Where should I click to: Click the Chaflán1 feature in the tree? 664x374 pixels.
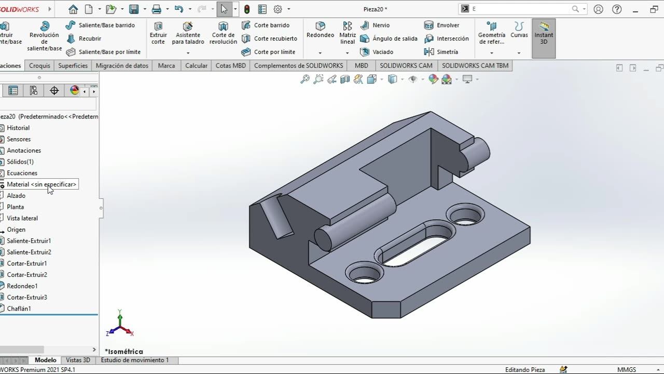point(19,309)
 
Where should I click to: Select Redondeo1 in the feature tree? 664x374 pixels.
point(22,286)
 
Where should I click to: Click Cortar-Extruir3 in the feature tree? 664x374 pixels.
point(26,297)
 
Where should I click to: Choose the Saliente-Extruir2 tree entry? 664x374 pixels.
point(29,252)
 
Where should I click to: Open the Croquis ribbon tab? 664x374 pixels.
point(39,65)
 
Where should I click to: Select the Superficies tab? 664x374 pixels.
point(73,65)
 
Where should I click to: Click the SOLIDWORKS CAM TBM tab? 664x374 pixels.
point(475,65)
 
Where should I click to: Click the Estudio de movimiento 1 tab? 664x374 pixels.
point(134,360)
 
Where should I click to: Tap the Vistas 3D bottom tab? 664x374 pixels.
point(78,360)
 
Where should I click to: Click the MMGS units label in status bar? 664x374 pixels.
point(626,369)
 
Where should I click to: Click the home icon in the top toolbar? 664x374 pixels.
point(73,9)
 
